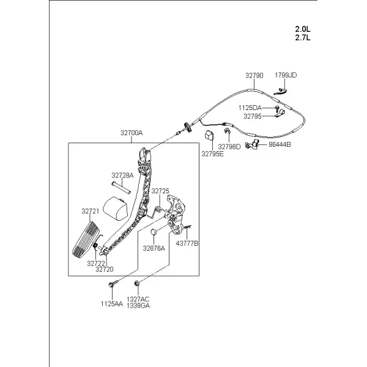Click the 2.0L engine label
pos(302,29)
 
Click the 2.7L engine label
pos(302,37)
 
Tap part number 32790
pos(254,75)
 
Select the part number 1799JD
pos(286,75)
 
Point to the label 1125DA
pos(250,108)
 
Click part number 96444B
pos(280,144)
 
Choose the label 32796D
pos(229,147)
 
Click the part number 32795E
pos(212,154)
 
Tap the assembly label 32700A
pos(132,133)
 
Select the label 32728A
pos(122,176)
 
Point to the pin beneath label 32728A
pos(121,188)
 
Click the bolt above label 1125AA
pos(112,284)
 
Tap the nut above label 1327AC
pos(137,284)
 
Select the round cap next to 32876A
pos(154,232)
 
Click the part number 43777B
pos(187,243)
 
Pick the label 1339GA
pos(138,306)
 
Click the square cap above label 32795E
pos(209,136)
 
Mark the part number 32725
pos(160,191)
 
